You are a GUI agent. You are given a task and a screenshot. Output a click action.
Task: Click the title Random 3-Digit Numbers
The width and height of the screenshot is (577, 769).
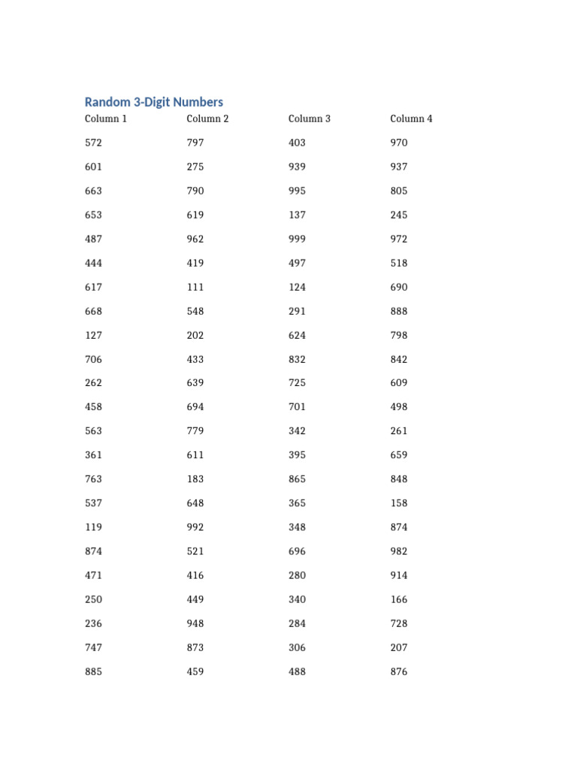(153, 102)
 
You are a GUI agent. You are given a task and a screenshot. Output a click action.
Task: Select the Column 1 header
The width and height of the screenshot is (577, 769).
(106, 119)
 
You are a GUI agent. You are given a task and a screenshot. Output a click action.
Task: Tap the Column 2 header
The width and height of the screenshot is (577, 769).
(207, 119)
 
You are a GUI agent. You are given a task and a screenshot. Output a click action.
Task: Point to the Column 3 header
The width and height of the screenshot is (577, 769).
(310, 119)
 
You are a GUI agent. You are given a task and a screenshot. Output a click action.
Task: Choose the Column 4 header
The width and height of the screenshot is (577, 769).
(411, 119)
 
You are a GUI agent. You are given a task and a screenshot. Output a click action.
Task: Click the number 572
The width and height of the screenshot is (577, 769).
(93, 143)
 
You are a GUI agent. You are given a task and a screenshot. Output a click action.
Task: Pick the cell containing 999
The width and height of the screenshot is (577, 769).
(297, 239)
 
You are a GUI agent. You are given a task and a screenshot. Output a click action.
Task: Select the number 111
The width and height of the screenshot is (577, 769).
(195, 287)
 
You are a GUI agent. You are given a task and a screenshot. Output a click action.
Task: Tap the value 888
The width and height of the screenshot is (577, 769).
(399, 311)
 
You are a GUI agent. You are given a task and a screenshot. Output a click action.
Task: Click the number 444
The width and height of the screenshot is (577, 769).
(93, 263)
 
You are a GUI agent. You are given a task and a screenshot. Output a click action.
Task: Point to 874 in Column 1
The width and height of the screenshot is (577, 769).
(93, 551)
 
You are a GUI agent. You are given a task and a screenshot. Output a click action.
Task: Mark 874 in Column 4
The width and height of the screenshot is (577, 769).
(399, 527)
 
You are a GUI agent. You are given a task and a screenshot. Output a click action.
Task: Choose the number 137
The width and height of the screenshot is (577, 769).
(297, 215)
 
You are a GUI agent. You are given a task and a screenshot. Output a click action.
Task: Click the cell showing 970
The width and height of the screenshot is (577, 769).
(399, 143)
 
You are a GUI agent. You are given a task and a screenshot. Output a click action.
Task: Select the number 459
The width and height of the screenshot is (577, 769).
(195, 671)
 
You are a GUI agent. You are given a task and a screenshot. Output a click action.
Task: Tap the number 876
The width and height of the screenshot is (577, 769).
(399, 671)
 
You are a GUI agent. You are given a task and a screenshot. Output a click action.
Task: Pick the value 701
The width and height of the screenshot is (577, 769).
(297, 407)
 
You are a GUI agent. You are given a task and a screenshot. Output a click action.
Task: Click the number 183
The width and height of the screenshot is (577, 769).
(195, 479)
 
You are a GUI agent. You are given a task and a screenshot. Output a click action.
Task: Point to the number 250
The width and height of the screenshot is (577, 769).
(93, 599)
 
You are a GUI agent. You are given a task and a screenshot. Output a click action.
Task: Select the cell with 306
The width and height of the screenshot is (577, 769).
(297, 647)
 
